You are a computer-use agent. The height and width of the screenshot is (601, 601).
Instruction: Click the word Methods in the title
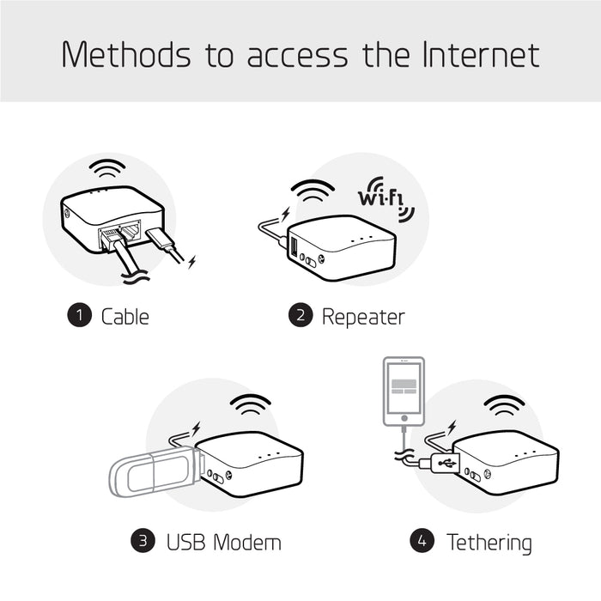point(126,54)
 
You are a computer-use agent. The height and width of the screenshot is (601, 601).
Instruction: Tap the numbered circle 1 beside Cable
point(80,316)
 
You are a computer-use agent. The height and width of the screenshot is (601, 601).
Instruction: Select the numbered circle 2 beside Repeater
point(300,316)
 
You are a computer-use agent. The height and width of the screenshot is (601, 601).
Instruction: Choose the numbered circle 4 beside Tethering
point(422,542)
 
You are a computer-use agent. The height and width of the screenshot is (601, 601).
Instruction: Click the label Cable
point(125,316)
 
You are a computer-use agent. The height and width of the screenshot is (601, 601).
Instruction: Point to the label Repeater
point(362,316)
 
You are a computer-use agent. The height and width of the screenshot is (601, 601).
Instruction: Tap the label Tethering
point(489,543)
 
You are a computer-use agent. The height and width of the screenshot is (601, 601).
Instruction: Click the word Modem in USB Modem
point(246,543)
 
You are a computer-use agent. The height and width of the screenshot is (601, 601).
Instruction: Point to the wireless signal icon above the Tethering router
point(504,404)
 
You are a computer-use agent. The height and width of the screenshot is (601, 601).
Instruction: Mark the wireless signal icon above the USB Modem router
point(252,404)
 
